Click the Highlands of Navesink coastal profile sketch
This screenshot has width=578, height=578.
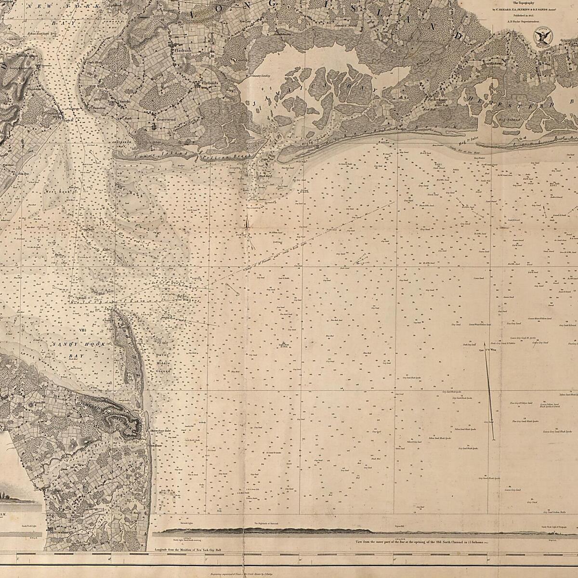(x=270, y=530)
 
